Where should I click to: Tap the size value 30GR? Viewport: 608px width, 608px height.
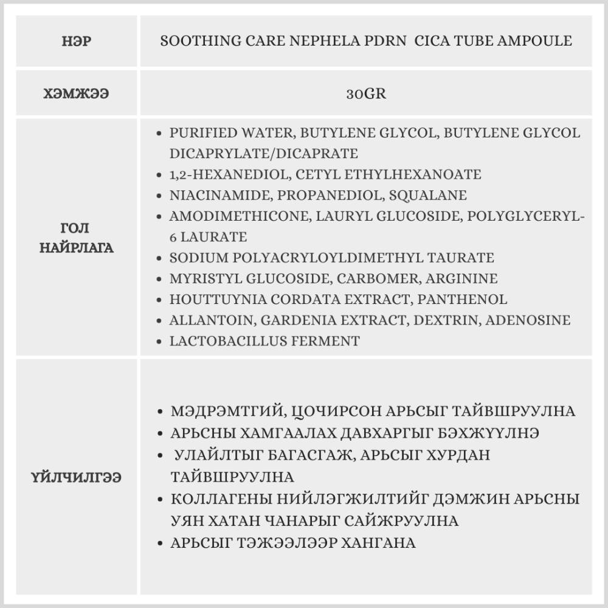[x=366, y=94]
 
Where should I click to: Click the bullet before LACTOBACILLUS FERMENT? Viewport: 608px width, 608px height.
[x=159, y=342]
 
